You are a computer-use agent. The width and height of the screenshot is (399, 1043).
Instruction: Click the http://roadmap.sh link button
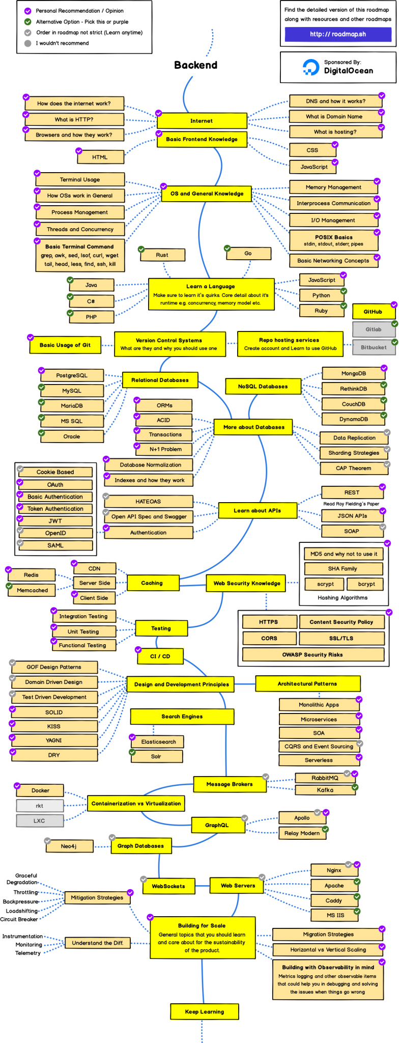tap(338, 34)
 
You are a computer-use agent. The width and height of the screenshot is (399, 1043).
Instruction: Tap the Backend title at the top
tap(195, 65)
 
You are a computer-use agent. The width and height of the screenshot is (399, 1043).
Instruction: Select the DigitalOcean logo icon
tap(310, 67)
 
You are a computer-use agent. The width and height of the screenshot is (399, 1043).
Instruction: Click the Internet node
tap(202, 121)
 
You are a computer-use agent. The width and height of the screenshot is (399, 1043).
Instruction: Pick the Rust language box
tap(162, 255)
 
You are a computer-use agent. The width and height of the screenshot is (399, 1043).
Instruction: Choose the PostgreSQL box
tap(72, 375)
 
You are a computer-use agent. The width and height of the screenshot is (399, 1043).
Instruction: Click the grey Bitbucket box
tap(374, 347)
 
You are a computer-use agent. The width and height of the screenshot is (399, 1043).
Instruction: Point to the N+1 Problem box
tap(165, 449)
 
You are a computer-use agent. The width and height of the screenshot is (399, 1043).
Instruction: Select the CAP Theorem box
tap(353, 468)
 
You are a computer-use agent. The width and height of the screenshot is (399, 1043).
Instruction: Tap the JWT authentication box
tap(55, 521)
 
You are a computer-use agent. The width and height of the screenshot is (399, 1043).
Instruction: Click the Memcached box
tap(33, 590)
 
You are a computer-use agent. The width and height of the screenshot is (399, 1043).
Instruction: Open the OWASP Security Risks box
tap(312, 654)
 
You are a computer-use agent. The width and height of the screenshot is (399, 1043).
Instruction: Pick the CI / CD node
tap(160, 656)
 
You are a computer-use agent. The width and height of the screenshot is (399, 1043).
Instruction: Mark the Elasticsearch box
tap(158, 742)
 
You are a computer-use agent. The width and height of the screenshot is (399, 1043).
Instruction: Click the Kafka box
tap(325, 790)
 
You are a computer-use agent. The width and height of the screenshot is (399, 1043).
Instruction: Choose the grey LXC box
tap(40, 821)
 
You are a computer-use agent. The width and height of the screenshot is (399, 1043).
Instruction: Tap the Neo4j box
tap(69, 846)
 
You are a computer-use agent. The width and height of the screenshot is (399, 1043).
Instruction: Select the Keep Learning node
tap(205, 1011)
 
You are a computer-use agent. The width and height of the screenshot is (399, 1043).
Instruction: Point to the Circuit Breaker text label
tap(19, 919)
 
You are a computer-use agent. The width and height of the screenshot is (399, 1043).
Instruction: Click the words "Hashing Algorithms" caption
tap(343, 598)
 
